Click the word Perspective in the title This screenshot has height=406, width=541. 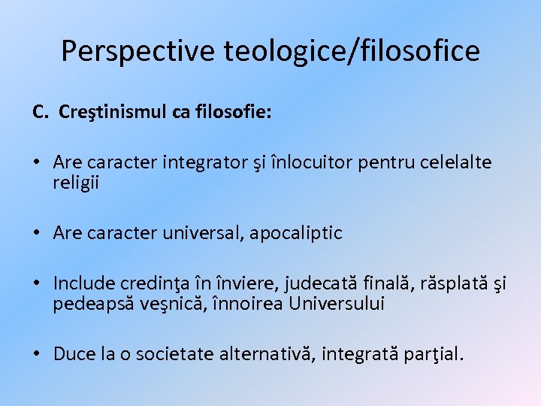click(x=139, y=50)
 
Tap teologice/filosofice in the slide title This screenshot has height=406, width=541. click(x=352, y=50)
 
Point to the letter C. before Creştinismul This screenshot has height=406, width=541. click(x=41, y=112)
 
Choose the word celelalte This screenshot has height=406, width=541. click(x=457, y=162)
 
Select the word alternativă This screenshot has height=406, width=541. click(x=271, y=353)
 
